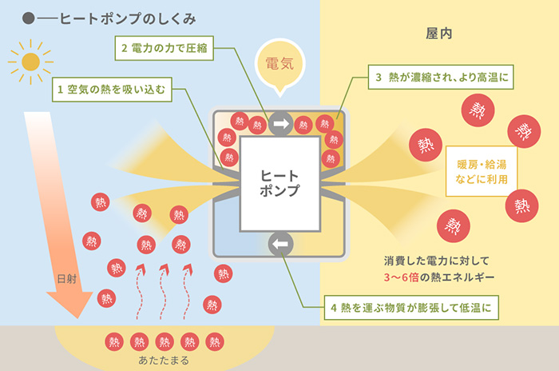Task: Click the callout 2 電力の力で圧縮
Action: pyautogui.click(x=163, y=48)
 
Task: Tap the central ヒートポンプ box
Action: pyautogui.click(x=280, y=184)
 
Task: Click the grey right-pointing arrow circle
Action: pyautogui.click(x=280, y=124)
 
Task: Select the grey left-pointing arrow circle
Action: pyautogui.click(x=280, y=244)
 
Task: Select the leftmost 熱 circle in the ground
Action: pyautogui.click(x=113, y=341)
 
